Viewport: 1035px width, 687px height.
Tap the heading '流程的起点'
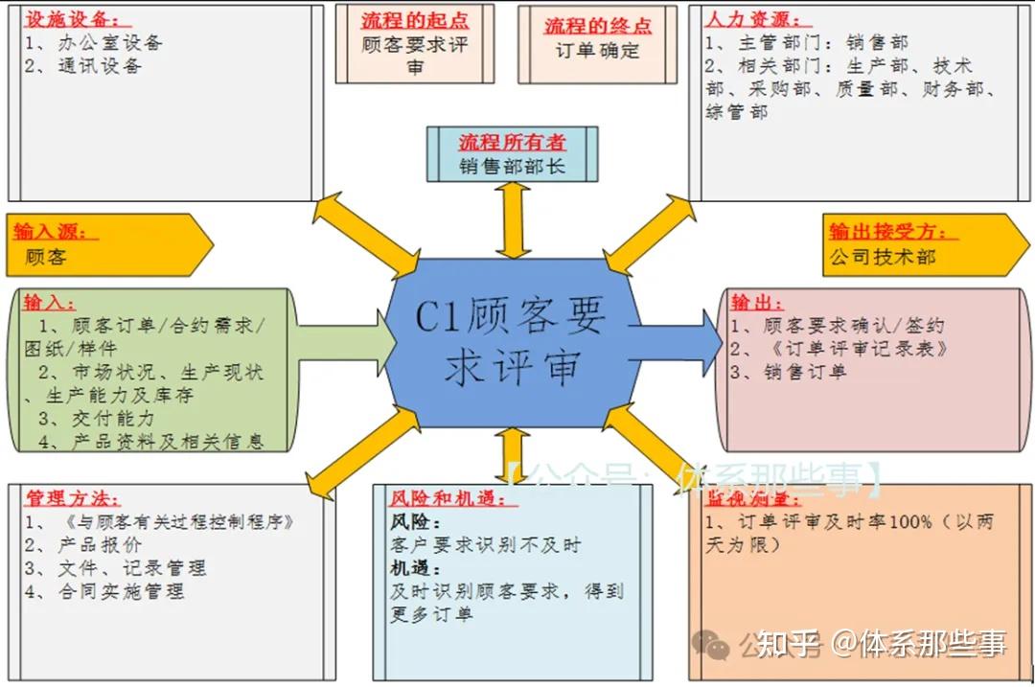coord(414,20)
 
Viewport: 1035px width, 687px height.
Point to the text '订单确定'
coord(597,51)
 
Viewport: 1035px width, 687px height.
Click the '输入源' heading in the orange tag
coord(51,231)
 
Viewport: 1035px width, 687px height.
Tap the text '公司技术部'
coord(882,257)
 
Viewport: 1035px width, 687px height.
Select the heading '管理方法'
coord(72,498)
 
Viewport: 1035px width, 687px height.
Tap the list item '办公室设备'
coord(109,42)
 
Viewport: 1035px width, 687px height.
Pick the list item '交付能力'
coord(113,419)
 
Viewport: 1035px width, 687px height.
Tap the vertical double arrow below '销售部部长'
coord(513,220)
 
